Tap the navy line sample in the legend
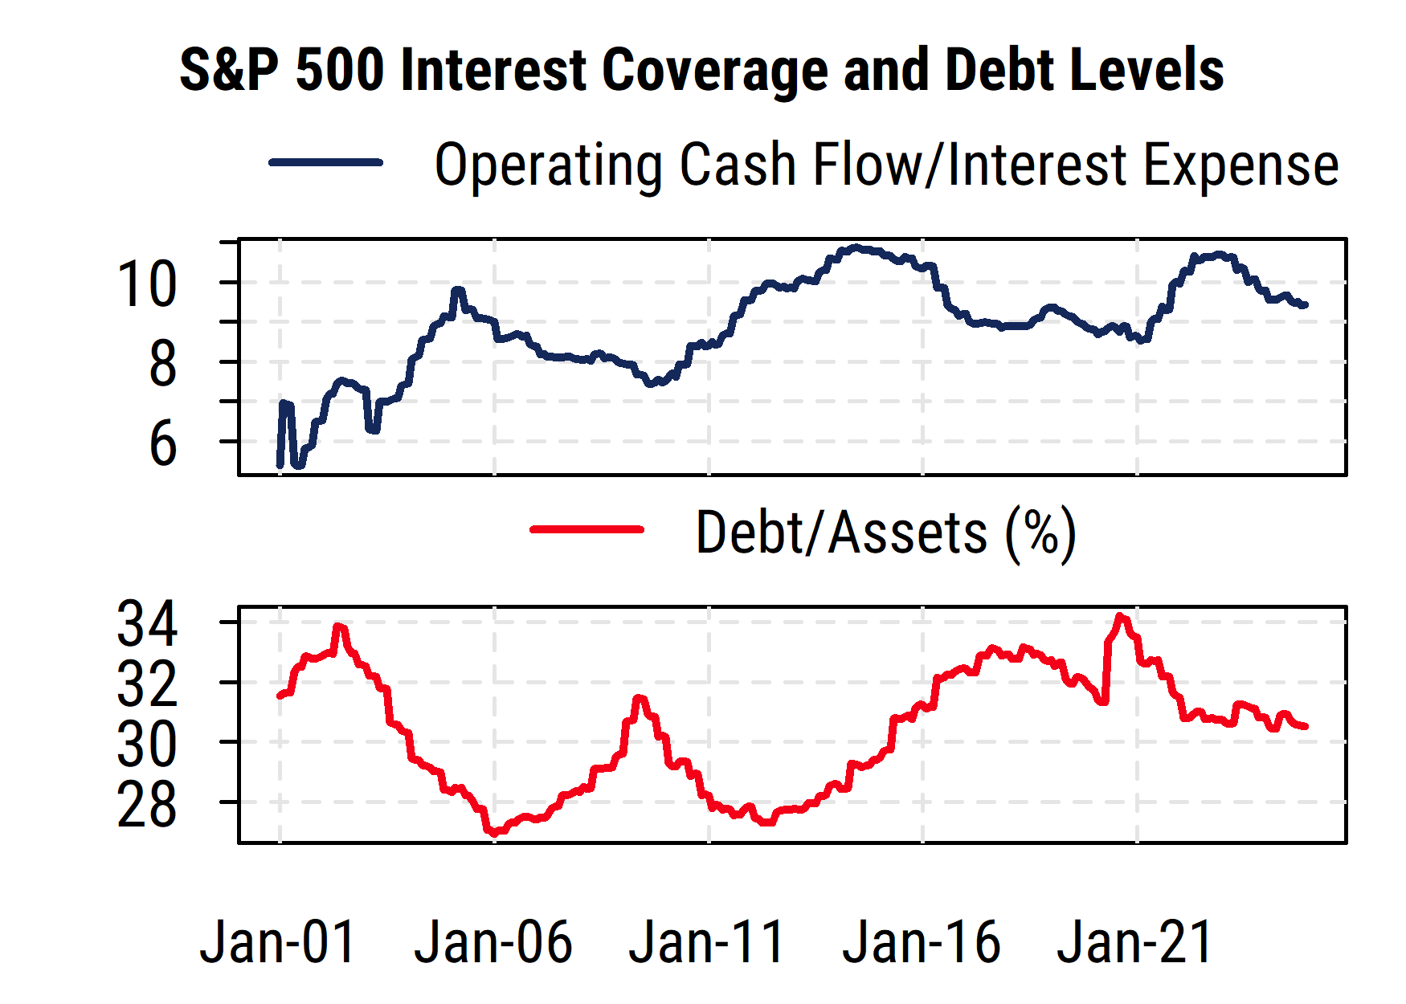pos(325,163)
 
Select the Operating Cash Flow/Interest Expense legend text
pos(886,165)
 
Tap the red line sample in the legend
pos(587,529)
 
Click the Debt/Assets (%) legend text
pos(885,533)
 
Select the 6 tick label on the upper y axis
pos(162,444)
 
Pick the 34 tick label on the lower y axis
pos(147,624)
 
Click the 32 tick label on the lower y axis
pos(147,684)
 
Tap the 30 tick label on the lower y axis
pos(147,745)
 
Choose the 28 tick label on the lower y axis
pos(147,805)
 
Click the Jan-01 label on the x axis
pos(278,942)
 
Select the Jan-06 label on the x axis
pos(493,942)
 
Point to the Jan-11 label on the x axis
pos(707,942)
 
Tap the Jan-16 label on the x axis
pos(922,942)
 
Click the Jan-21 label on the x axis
pos(1135,942)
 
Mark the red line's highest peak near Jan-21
pos(1121,617)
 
